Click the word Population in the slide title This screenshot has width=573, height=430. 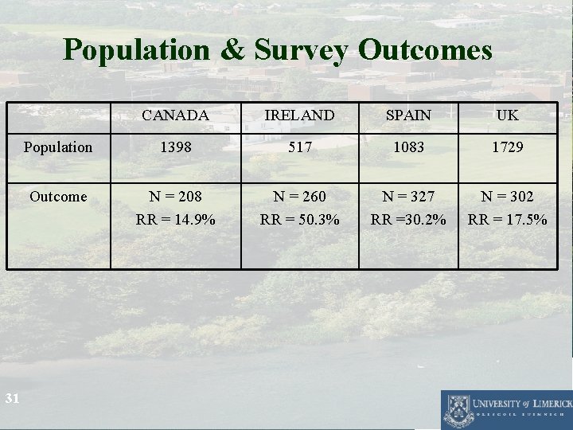(135, 50)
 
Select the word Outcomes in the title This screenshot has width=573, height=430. (426, 50)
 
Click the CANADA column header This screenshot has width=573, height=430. (175, 115)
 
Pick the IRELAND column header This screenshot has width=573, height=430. (299, 115)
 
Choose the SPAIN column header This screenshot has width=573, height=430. (409, 115)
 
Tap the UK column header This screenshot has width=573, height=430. (507, 115)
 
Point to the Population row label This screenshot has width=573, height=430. (58, 147)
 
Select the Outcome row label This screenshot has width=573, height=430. (58, 196)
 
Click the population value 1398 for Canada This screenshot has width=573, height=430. (175, 147)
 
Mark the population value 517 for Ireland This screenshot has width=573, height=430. (299, 147)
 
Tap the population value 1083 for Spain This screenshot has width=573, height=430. (409, 147)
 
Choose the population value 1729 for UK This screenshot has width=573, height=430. (507, 147)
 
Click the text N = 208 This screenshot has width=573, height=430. (175, 196)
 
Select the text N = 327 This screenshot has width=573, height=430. (409, 196)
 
